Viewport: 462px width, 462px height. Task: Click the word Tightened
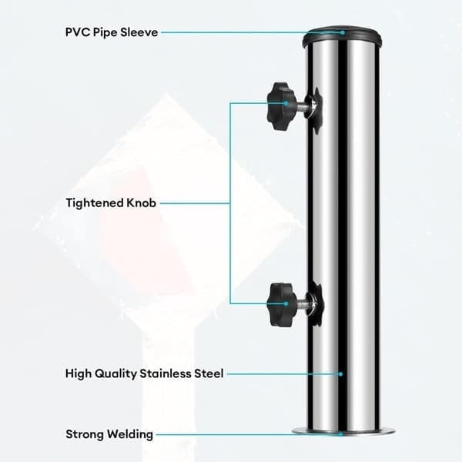coord(95,203)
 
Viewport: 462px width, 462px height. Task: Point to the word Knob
coord(141,203)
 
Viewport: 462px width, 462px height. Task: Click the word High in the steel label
coord(77,373)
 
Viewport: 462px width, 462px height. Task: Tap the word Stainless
coord(166,373)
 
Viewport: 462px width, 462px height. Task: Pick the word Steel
coord(209,373)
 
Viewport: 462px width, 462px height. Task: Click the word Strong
coord(85,434)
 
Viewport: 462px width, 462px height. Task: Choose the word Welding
coord(130,434)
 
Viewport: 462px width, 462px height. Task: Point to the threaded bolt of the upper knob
coord(300,106)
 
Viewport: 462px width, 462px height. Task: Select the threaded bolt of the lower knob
coord(302,305)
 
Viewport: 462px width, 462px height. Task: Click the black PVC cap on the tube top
coord(342,37)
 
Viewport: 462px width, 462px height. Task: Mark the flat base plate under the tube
coord(343,431)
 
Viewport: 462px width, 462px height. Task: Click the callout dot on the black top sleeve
coord(343,32)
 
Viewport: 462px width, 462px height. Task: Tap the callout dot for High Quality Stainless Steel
coord(340,374)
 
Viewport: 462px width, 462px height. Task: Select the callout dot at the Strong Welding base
coord(340,434)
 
